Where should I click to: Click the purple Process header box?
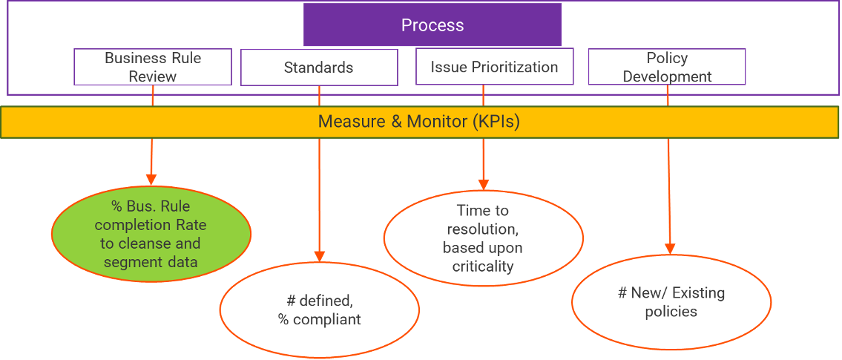432,25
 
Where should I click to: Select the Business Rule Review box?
153,67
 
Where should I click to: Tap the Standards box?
319,68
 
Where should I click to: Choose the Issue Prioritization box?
494,68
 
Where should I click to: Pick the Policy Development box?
667,67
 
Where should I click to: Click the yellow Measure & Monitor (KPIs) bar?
420,122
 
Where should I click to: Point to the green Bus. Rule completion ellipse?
151,233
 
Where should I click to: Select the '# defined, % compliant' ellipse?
319,310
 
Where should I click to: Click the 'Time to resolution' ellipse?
483,238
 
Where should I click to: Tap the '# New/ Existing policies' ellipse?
671,302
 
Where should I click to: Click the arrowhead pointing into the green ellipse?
151,179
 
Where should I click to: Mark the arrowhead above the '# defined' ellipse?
320,256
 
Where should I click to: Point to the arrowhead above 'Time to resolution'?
484,184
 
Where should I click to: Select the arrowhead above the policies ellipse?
671,249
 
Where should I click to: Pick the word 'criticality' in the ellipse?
483,266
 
